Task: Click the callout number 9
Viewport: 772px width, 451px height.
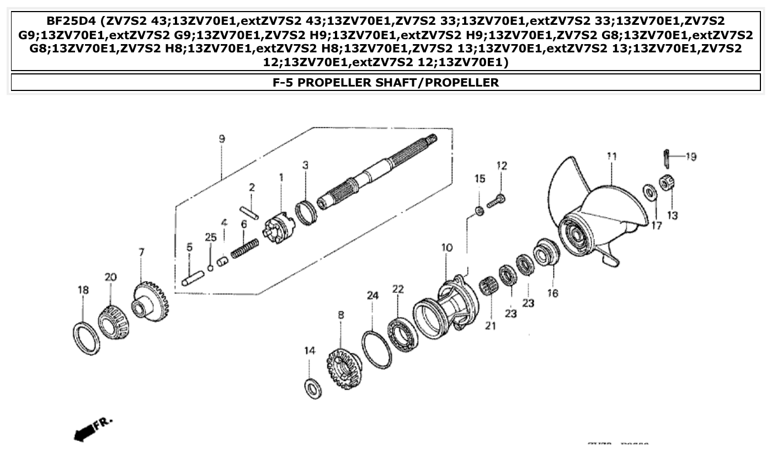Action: [221, 139]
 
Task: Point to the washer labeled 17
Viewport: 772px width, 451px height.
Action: [649, 193]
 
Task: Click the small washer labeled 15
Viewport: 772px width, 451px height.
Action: [480, 211]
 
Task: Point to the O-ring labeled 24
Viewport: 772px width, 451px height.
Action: [376, 350]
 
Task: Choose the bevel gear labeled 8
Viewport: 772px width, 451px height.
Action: [343, 368]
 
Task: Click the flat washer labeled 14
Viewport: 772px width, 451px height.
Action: [313, 388]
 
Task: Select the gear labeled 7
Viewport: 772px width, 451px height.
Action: [150, 302]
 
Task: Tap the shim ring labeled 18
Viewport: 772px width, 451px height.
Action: [87, 337]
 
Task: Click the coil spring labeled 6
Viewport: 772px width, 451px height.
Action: [244, 247]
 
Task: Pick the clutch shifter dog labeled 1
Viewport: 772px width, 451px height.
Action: [279, 227]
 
